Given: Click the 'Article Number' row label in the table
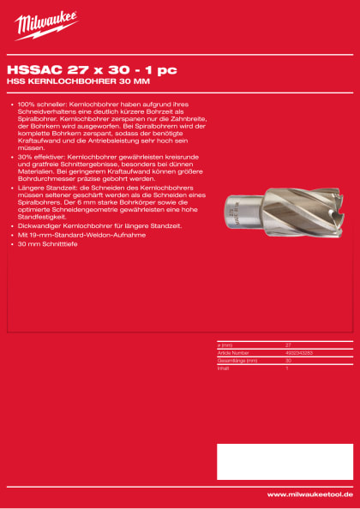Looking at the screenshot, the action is (x=233, y=352).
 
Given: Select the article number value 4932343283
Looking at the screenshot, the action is (x=299, y=352).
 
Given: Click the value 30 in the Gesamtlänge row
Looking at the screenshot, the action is (x=288, y=360).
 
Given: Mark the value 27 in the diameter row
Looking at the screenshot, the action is (x=288, y=344).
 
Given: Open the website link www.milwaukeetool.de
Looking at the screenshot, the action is (x=309, y=494).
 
